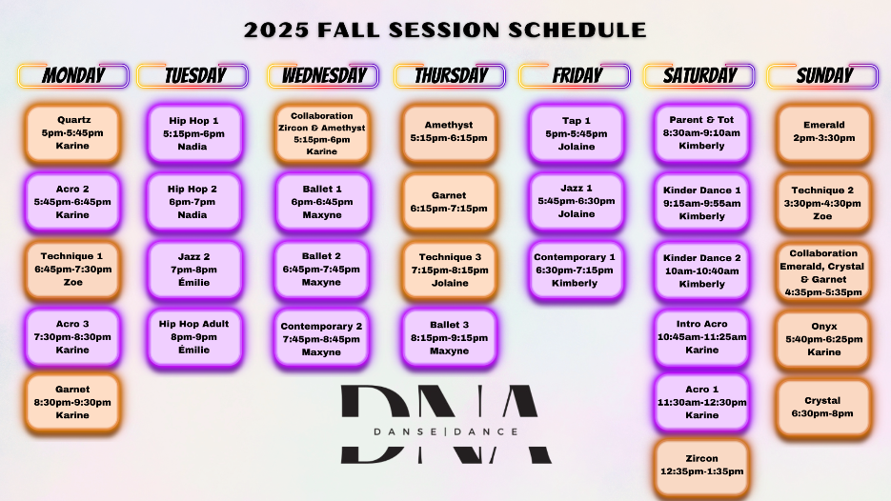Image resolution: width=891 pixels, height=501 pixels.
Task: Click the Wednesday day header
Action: click(x=323, y=75)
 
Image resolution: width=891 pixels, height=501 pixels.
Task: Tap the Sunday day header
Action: click(x=822, y=75)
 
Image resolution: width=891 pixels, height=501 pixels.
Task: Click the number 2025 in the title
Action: click(x=276, y=30)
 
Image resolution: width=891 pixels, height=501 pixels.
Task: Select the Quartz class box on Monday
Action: click(x=72, y=133)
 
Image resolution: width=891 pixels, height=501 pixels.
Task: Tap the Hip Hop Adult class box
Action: click(x=194, y=337)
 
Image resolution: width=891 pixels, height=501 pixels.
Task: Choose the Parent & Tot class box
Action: click(x=701, y=133)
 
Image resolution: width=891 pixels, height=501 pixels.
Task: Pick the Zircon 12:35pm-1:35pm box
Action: click(x=701, y=466)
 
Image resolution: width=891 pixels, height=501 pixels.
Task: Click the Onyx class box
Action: click(x=823, y=339)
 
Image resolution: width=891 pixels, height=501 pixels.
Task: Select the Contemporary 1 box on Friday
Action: click(x=575, y=270)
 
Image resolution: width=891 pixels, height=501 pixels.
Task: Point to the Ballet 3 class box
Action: click(x=449, y=337)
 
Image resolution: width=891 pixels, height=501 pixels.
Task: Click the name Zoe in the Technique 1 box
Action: click(x=72, y=282)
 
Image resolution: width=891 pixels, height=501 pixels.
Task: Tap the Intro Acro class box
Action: click(x=701, y=337)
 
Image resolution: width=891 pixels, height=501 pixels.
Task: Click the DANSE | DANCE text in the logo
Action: click(x=446, y=431)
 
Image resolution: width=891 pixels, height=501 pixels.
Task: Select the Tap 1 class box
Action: click(x=576, y=133)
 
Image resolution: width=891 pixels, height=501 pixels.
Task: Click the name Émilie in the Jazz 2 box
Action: click(x=193, y=282)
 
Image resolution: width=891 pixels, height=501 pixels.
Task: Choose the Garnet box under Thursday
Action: click(x=449, y=202)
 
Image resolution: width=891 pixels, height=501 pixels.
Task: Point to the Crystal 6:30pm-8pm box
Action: click(x=823, y=408)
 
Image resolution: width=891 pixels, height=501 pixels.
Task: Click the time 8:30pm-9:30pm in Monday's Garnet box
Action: click(x=72, y=402)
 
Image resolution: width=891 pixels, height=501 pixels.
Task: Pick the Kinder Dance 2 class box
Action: click(x=701, y=271)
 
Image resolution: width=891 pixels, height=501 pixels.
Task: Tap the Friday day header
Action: click(x=575, y=75)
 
